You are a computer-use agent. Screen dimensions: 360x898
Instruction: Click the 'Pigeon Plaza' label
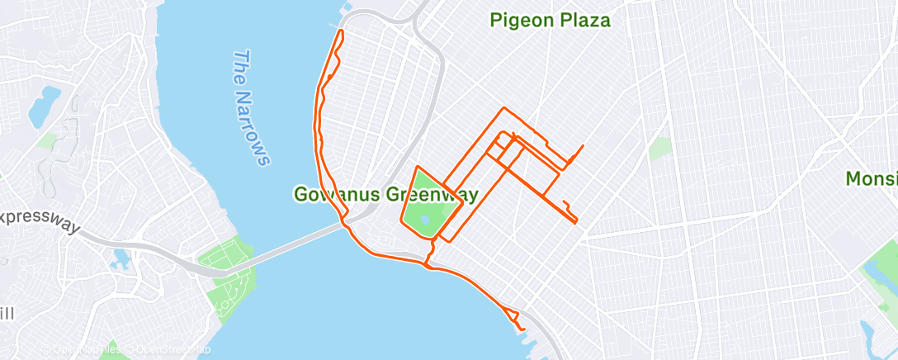[x=550, y=21]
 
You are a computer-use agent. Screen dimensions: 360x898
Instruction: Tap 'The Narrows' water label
[x=251, y=107]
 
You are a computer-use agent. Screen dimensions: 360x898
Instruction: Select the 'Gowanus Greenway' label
[x=386, y=195]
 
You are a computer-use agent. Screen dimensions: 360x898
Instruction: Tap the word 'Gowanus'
[x=335, y=195]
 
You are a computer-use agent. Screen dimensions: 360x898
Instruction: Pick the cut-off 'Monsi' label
[x=871, y=178]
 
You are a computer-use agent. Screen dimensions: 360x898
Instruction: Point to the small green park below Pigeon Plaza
[x=660, y=149]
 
